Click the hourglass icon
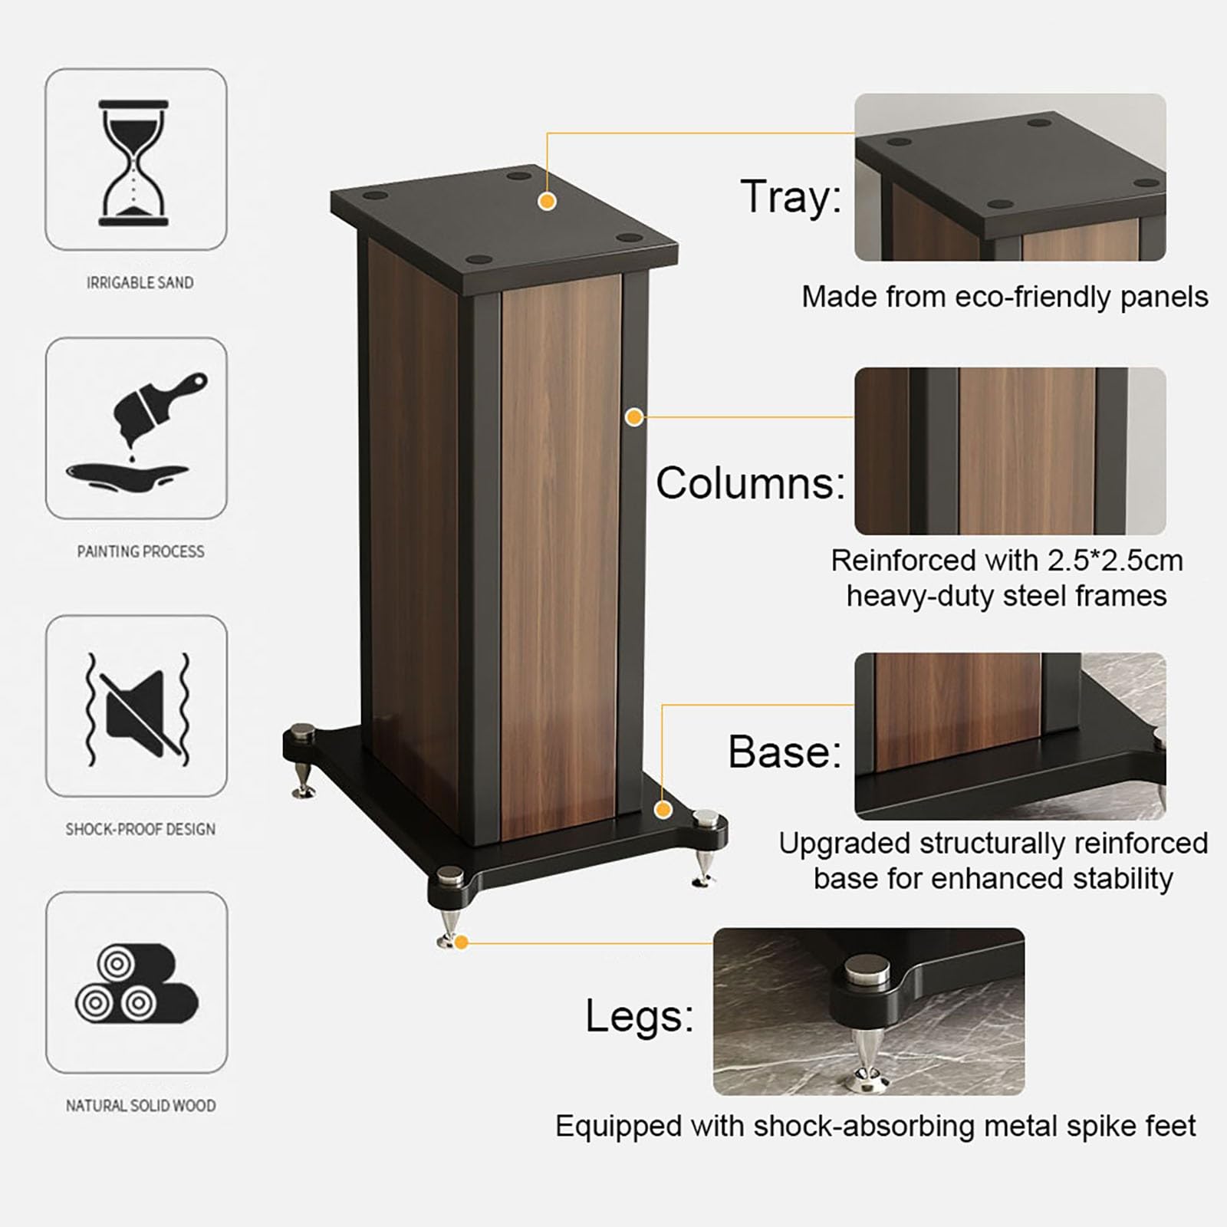coord(133,163)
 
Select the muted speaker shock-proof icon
coord(137,710)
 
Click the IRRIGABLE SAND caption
coord(140,282)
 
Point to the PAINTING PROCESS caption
coord(140,551)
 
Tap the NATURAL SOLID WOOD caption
coord(140,1105)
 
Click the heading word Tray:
coord(790,196)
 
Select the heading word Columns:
coord(750,483)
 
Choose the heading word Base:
coord(785,751)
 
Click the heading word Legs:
coord(640,1017)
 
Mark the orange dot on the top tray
coord(547,201)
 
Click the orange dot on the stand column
coord(634,417)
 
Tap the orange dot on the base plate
coord(664,810)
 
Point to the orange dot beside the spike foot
coord(461,942)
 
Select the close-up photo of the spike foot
coord(869,1012)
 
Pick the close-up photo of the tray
coord(1010,177)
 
